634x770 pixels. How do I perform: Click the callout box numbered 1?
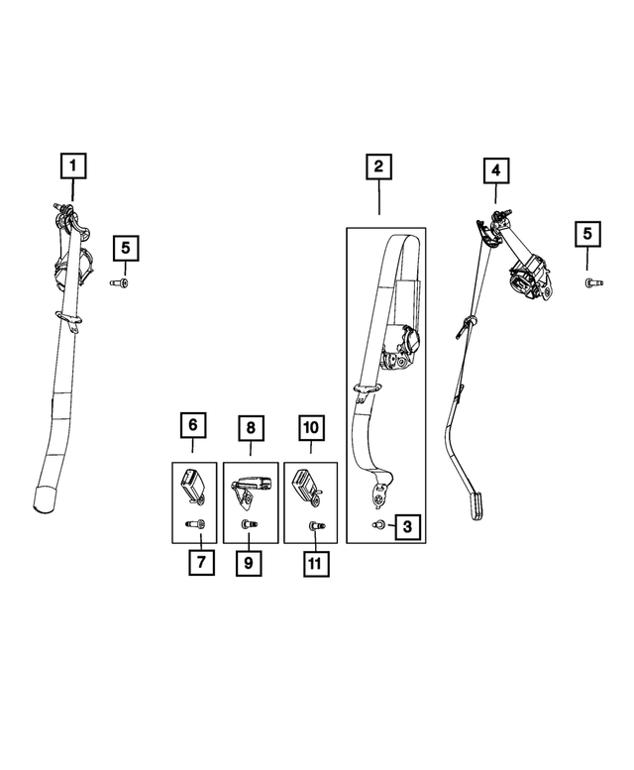73,165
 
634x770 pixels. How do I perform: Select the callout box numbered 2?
378,166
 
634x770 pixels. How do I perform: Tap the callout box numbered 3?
407,527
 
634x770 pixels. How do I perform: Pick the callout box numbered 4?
496,170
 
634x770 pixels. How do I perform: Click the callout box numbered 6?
192,425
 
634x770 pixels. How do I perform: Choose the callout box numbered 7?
202,562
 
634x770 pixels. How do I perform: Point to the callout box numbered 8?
251,428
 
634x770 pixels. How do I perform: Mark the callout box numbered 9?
249,563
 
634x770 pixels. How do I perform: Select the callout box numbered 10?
311,427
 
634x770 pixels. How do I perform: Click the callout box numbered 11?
316,563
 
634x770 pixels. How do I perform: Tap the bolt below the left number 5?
119,282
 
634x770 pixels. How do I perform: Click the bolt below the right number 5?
593,282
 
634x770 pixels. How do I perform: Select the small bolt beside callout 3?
377,525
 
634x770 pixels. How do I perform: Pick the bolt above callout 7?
196,524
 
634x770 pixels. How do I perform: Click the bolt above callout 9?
250,525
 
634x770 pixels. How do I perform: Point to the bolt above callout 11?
317,526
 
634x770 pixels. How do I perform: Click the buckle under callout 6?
193,486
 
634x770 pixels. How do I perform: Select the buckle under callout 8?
251,489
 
